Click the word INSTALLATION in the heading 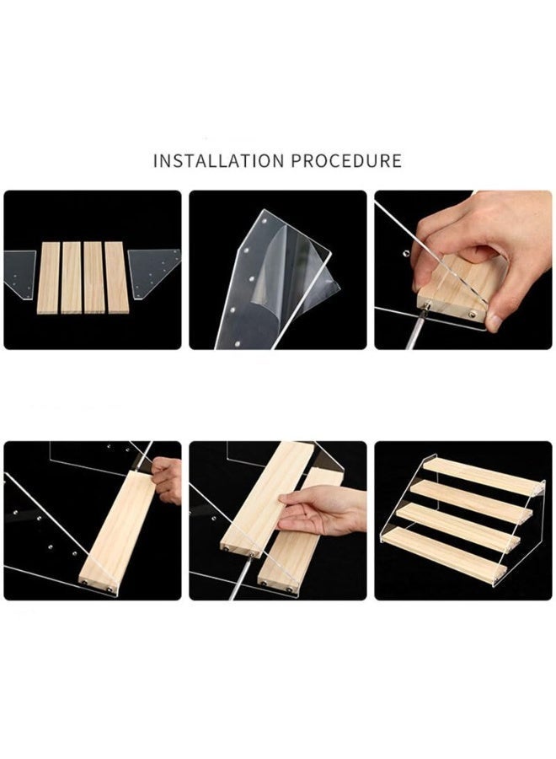point(219,161)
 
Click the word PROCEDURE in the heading point(346,161)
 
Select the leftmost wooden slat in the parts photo point(48,277)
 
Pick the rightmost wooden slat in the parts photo point(116,277)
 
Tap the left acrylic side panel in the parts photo point(20,273)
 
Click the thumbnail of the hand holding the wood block point(463,270)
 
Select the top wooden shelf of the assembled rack point(484,476)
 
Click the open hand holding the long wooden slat point(322,509)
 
